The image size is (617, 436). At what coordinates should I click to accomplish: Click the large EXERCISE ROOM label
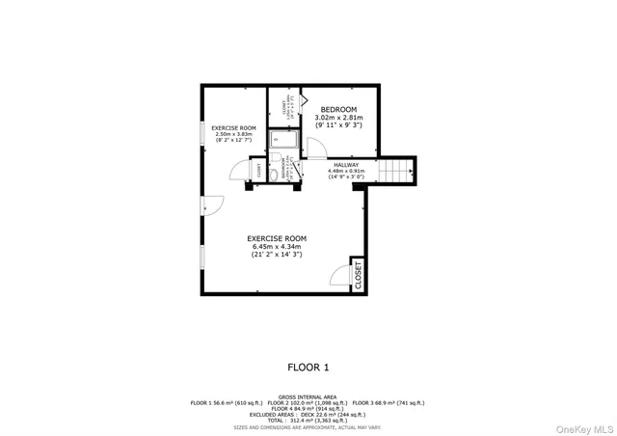(x=277, y=238)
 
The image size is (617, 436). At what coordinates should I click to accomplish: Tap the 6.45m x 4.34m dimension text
(x=277, y=247)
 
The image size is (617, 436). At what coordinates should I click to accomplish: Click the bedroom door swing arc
(x=316, y=146)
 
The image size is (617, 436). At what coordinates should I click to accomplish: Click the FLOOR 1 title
(x=308, y=367)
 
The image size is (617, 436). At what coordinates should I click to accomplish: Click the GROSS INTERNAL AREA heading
(x=308, y=396)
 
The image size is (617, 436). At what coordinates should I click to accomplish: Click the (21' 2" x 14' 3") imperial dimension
(x=277, y=256)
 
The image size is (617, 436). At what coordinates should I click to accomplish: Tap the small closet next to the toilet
(x=257, y=171)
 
